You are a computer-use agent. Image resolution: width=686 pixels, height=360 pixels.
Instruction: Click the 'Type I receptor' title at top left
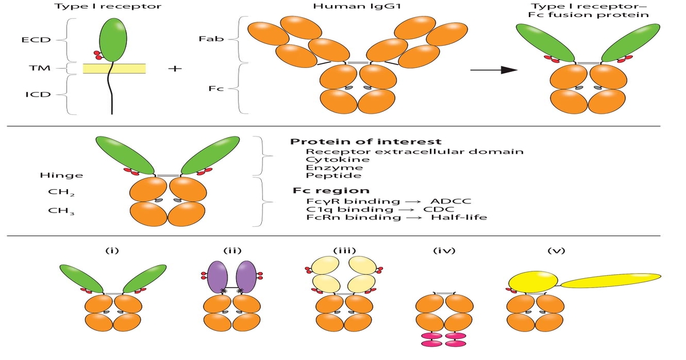coord(107,7)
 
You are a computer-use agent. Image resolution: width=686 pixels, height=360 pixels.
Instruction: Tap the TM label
coord(39,69)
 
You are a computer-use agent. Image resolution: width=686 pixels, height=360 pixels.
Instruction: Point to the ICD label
coord(35,94)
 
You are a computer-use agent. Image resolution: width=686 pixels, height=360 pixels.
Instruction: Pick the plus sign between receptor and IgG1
coord(175,69)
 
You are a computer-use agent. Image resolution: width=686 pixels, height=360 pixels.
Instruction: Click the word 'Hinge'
coord(61,175)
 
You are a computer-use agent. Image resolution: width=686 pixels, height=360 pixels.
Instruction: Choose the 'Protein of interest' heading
coord(365,142)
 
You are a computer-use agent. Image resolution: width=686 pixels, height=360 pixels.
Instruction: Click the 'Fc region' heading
coord(331,190)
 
